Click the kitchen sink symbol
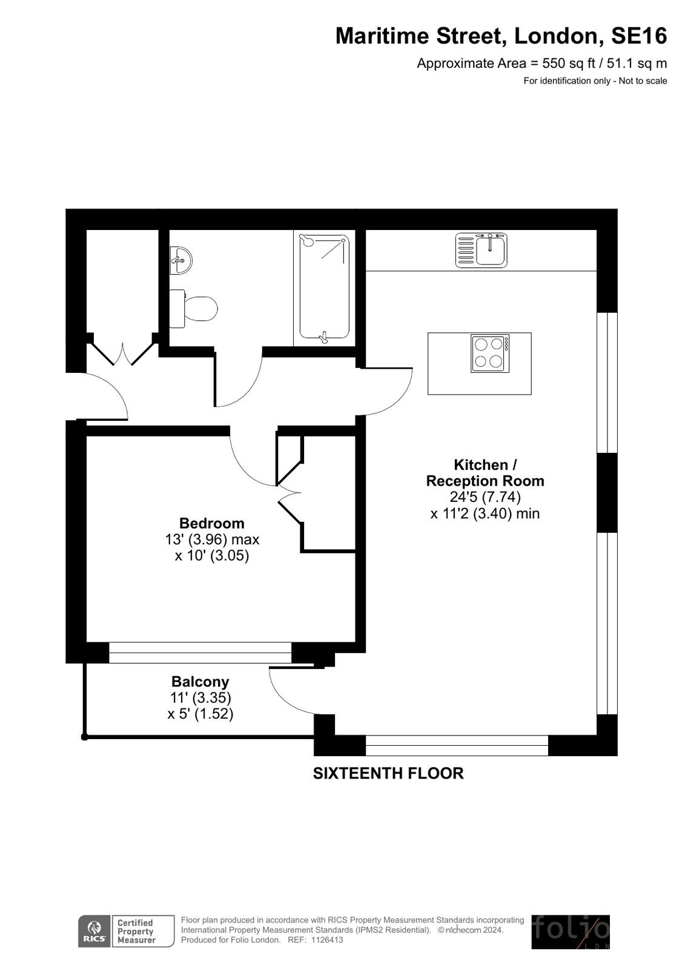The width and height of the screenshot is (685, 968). (x=481, y=250)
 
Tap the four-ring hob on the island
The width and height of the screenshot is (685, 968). (x=490, y=354)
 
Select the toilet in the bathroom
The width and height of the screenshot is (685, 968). (x=193, y=309)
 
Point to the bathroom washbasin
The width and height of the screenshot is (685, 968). (x=180, y=260)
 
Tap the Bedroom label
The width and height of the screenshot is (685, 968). (x=212, y=523)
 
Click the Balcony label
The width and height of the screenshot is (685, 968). (x=200, y=682)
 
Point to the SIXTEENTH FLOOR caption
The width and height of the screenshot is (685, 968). (x=388, y=773)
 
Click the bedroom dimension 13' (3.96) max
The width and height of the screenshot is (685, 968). (x=212, y=540)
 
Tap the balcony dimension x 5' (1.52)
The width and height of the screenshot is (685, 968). (x=200, y=714)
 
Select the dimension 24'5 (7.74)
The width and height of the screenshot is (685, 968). (x=485, y=497)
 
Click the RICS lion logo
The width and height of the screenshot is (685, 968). (x=94, y=932)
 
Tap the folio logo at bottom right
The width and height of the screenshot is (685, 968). (x=571, y=932)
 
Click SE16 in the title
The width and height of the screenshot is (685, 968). (x=639, y=36)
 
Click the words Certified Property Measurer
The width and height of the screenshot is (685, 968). (x=136, y=932)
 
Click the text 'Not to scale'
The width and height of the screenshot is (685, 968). (x=643, y=81)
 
